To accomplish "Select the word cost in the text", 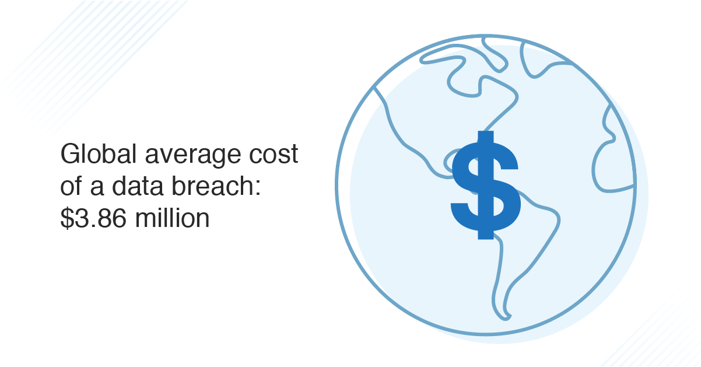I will [276, 156].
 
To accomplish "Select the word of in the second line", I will [72, 187].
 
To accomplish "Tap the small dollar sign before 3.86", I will [68, 218].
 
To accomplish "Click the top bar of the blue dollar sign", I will [483, 137].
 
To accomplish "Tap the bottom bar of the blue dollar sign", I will [483, 233].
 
